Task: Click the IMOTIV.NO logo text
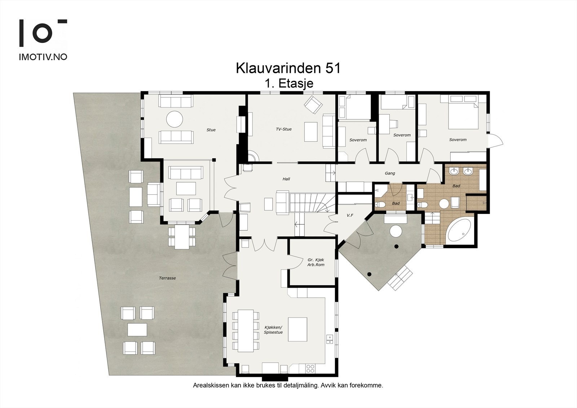[x=43, y=57]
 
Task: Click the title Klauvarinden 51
[x=288, y=68]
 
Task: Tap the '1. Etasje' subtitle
[x=288, y=83]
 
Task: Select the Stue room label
[x=211, y=130]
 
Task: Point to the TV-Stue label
[x=283, y=129]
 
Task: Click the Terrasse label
[x=167, y=278]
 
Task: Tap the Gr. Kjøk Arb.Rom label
[x=316, y=262]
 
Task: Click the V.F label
[x=349, y=215]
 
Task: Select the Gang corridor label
[x=390, y=173]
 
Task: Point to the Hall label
[x=286, y=179]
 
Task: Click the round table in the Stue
[x=175, y=119]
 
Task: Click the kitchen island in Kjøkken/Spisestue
[x=298, y=329]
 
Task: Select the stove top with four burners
[x=310, y=368]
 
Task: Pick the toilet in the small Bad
[x=380, y=205]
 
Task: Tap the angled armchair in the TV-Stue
[x=313, y=104]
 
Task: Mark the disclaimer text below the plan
[x=288, y=385]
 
